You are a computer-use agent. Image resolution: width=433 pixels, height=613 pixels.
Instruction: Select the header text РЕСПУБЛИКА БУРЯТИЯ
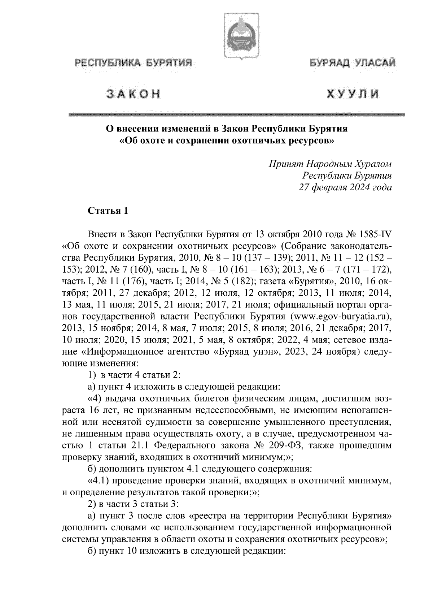[132, 64]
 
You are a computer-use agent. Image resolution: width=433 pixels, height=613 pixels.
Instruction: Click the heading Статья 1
[108, 211]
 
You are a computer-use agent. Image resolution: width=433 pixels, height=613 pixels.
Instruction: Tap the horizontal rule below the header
[236, 114]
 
